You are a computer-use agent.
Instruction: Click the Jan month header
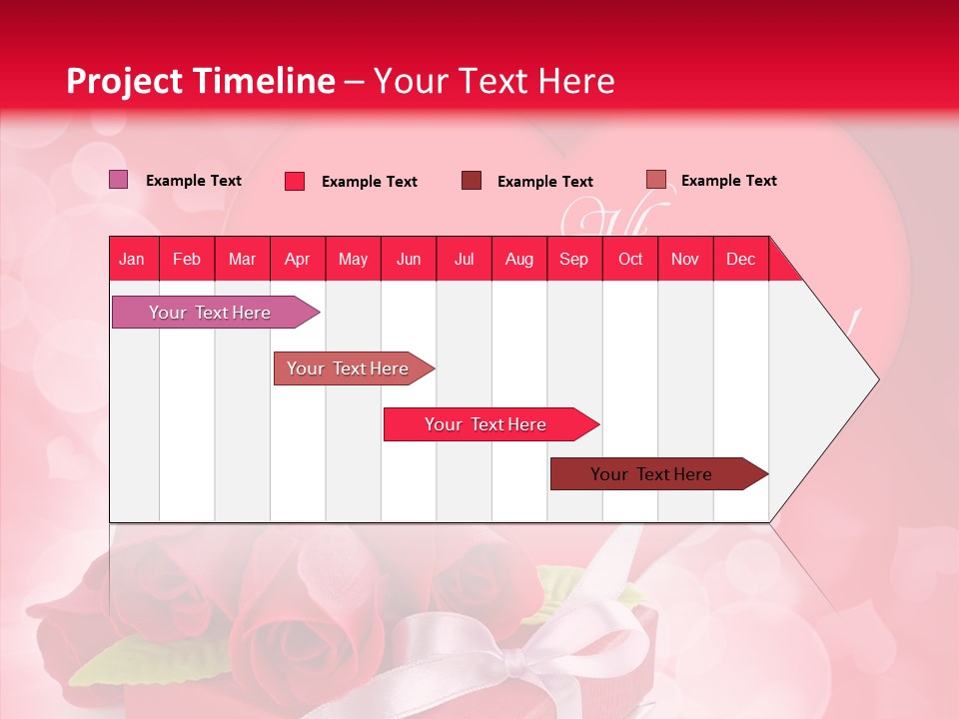click(x=133, y=259)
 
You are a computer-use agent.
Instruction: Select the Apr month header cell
click(x=298, y=259)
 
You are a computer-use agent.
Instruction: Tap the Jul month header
click(x=465, y=259)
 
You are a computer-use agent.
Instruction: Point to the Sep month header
click(x=574, y=259)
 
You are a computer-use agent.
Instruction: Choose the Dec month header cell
click(x=740, y=259)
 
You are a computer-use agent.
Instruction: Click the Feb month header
click(x=187, y=259)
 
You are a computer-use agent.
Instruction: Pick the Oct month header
click(x=630, y=259)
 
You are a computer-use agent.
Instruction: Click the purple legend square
click(x=118, y=180)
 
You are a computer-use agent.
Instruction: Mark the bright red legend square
click(x=295, y=181)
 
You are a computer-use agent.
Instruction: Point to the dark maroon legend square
click(x=472, y=181)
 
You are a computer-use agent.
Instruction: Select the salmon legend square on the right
click(x=655, y=180)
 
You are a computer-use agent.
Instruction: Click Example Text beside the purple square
click(x=194, y=181)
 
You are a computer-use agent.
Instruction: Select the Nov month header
click(x=685, y=259)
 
